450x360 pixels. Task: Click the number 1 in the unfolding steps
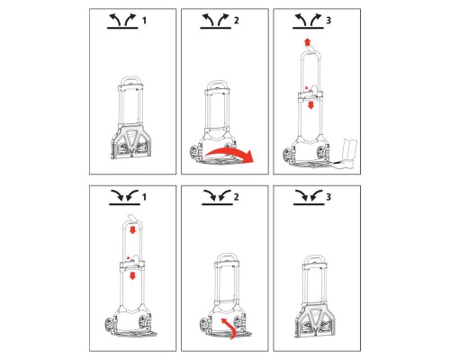(144, 21)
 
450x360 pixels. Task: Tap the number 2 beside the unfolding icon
(237, 21)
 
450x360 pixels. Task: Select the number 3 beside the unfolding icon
(328, 21)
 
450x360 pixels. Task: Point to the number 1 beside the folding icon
(144, 197)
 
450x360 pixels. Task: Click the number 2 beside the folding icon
(237, 197)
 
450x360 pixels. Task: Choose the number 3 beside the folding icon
(328, 197)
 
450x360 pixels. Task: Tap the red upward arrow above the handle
(307, 41)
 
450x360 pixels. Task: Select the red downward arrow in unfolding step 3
(311, 105)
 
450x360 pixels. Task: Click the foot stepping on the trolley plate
(348, 153)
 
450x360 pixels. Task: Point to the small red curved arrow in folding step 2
(229, 328)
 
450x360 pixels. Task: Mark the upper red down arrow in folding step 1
(132, 230)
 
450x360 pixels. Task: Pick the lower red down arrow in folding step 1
(132, 275)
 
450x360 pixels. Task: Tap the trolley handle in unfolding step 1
(130, 80)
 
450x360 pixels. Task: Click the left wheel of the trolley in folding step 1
(109, 326)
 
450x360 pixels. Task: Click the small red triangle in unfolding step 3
(306, 87)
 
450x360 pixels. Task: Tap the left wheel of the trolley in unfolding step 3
(288, 156)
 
